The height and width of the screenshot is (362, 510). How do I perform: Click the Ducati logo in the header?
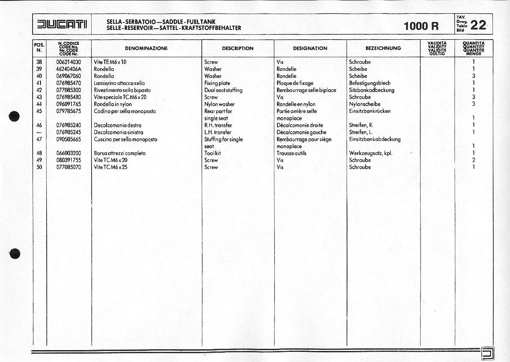pos(62,25)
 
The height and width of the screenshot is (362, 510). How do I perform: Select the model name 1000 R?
pos(421,26)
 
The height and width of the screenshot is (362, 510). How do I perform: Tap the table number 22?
pos(478,25)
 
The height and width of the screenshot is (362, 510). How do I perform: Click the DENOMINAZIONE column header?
pos(146,48)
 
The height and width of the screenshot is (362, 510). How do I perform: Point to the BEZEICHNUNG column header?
pos(383,48)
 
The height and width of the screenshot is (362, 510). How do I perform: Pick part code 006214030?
pos(69,62)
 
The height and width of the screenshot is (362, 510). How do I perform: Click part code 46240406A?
pos(69,69)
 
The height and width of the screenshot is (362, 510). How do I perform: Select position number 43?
pos(39,97)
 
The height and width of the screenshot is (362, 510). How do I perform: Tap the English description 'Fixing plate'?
pos(217,83)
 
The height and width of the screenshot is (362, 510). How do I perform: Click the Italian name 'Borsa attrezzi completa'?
pos(120,154)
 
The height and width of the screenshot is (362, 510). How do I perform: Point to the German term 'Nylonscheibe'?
pos(365,104)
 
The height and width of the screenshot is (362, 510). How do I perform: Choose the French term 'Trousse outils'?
pos(292,154)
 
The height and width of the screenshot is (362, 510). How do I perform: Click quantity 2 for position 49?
pos(473,160)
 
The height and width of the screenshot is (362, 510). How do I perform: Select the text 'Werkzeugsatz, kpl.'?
pos(370,154)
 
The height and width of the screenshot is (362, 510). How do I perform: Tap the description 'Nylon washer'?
pos(219,104)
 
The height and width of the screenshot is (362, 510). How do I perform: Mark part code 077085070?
pos(69,167)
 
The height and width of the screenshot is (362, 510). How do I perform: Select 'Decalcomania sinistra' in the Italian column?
pos(118,133)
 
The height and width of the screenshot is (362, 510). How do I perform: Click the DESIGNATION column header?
pos(310,48)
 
